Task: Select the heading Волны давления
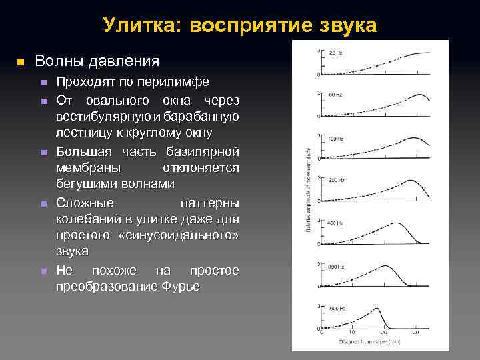(97, 61)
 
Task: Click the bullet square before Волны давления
(20, 62)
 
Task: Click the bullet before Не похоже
(43, 271)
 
